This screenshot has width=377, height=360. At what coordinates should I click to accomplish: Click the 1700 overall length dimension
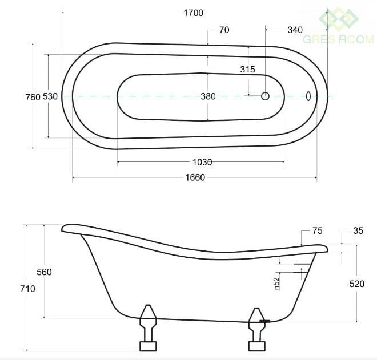[193, 13]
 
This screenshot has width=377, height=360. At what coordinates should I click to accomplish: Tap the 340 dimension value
[295, 30]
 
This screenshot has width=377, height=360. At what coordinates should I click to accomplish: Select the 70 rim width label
[224, 30]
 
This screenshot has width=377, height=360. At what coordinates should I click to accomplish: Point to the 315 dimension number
[247, 70]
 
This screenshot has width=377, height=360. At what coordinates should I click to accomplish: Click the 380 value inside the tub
[208, 96]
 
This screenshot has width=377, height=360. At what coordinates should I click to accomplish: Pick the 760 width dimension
[33, 97]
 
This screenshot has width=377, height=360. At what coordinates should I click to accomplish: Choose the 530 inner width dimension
[50, 96]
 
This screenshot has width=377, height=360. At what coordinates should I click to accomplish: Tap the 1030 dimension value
[202, 163]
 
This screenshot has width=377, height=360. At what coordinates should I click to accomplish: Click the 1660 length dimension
[195, 177]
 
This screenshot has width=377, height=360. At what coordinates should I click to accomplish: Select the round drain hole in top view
[265, 96]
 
